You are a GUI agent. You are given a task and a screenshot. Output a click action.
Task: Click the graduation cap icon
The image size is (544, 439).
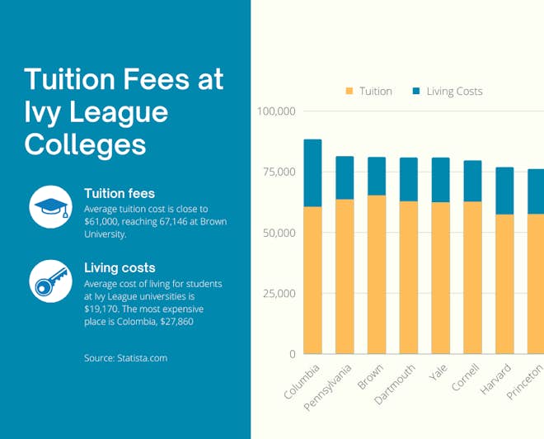coord(51,206)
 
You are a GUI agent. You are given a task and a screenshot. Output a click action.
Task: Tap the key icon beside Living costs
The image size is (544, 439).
coord(51,281)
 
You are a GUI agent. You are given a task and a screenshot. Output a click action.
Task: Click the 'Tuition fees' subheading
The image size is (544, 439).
coord(119,193)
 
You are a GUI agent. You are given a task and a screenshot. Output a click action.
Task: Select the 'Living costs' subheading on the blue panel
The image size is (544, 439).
coord(120,267)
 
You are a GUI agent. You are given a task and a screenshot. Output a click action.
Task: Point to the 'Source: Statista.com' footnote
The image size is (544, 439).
coord(125,358)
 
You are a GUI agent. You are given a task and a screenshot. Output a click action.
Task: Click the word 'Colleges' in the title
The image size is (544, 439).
coord(85,144)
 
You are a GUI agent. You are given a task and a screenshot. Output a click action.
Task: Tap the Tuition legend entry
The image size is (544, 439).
coord(368,91)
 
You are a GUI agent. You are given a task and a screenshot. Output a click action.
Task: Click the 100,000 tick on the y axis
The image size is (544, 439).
coord(277,111)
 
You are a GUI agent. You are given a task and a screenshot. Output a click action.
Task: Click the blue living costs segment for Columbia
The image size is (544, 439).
coord(312,172)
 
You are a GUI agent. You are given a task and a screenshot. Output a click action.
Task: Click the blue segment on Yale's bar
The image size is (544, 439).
coord(440,180)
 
